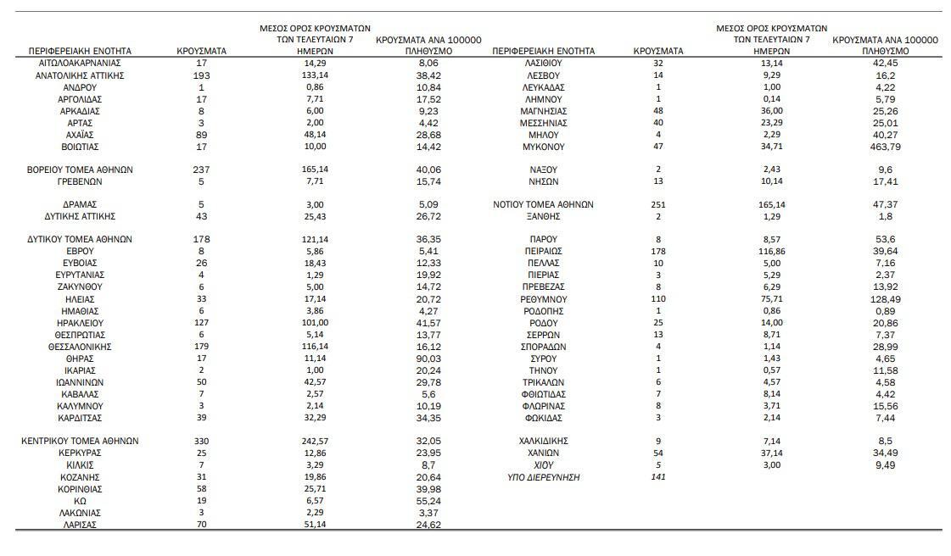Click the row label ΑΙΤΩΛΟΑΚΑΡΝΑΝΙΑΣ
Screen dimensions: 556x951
[x=80, y=64]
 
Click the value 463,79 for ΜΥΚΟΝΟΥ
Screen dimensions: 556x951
[x=886, y=147]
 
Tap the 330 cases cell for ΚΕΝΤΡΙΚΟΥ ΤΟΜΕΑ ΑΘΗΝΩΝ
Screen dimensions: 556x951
[x=201, y=441]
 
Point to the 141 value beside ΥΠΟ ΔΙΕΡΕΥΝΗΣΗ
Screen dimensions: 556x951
[x=658, y=477]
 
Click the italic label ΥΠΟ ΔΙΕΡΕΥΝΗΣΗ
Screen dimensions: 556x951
[x=543, y=477]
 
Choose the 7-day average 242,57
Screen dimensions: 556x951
[x=315, y=441]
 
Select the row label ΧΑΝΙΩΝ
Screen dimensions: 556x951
[x=543, y=453]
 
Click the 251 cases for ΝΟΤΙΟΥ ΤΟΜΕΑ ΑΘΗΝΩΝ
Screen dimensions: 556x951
[x=658, y=204]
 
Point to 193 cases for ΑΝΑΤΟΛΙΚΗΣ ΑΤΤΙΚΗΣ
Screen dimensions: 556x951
[x=201, y=75]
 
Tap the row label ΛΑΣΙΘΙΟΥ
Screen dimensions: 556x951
[x=543, y=64]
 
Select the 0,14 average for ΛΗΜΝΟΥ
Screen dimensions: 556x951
[x=772, y=99]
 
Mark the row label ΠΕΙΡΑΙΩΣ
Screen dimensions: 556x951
[x=543, y=251]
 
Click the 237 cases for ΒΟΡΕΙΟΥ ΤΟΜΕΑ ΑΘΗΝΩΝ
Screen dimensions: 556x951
[x=201, y=170]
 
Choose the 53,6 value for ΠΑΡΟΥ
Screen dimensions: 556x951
[x=886, y=240]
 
